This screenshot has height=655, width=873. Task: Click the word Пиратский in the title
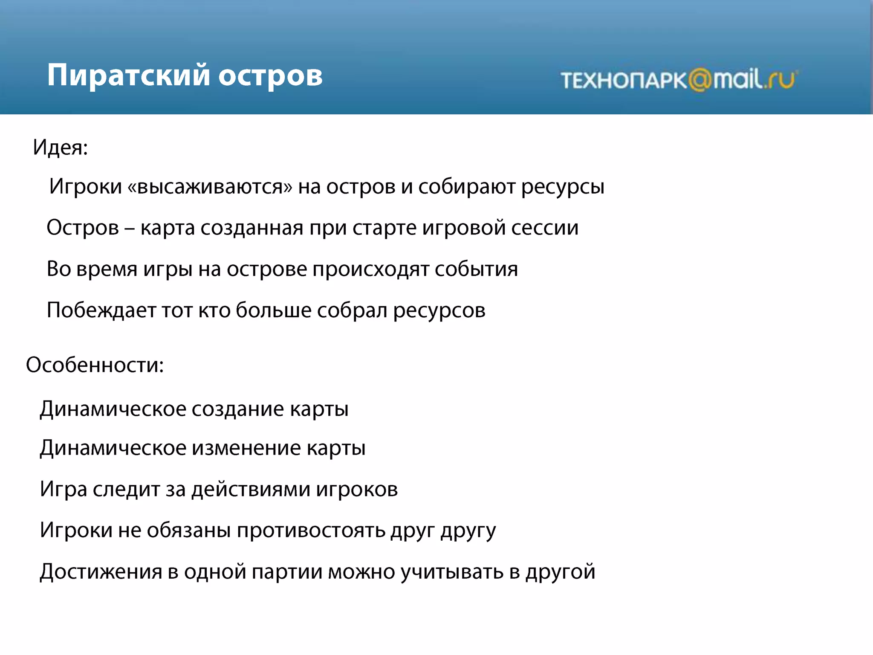[128, 75]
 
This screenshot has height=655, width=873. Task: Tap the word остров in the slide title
[270, 77]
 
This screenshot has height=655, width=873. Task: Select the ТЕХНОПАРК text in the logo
[624, 80]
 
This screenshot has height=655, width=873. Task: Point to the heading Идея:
[60, 148]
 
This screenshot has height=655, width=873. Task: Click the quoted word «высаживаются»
[210, 187]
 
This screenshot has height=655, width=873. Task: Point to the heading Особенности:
[95, 365]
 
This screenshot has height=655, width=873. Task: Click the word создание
[237, 409]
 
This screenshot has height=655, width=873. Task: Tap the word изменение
[246, 448]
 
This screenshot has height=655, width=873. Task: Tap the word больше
[273, 310]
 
